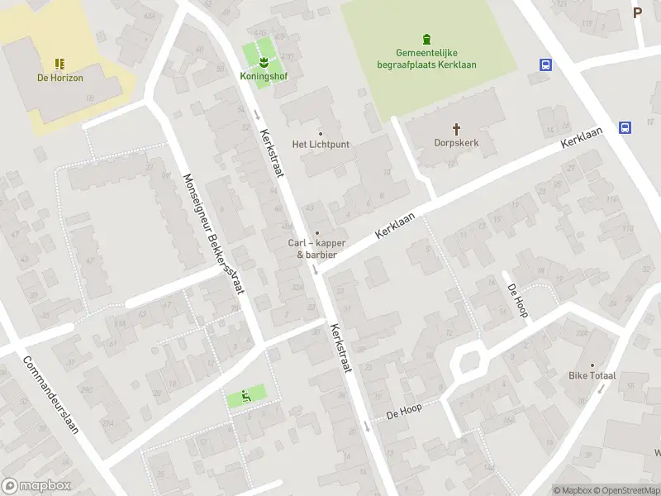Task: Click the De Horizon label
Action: point(60,78)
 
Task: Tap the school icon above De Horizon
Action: point(59,64)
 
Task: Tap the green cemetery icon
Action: point(426,39)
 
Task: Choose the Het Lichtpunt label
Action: point(321,144)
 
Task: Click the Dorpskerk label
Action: point(456,142)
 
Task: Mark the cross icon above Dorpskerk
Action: point(456,128)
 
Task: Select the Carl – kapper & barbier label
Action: point(316,248)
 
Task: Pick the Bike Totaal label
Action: point(592,375)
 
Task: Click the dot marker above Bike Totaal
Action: point(592,365)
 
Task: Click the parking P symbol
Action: point(637,12)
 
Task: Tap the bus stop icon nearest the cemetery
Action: point(545,64)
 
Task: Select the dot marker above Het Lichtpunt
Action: point(321,133)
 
